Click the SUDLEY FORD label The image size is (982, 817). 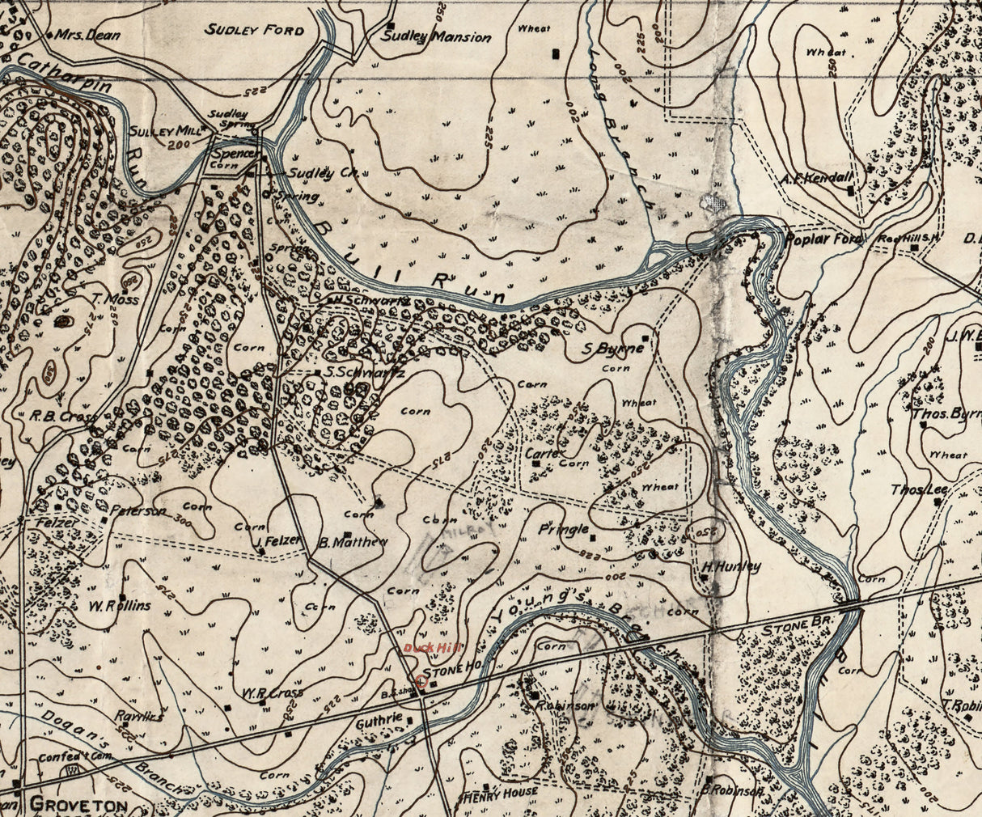coord(254,30)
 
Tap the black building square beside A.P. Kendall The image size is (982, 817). coord(850,191)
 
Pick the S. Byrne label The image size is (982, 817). coord(614,349)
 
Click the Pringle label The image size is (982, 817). coord(563,530)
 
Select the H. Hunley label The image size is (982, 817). coord(731,567)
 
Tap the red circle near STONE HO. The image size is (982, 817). coord(421,682)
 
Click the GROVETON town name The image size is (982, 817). coord(78,805)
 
